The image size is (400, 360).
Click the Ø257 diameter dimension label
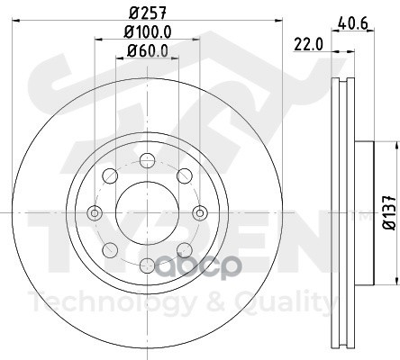(148, 13)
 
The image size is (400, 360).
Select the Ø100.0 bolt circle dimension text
(148, 31)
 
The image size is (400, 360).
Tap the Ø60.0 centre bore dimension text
(147, 50)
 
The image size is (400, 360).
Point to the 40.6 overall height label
(353, 23)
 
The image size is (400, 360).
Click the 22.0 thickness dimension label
(308, 45)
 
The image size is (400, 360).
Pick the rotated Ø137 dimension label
(390, 212)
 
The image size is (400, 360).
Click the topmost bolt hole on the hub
(147, 159)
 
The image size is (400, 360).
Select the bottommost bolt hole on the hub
(147, 265)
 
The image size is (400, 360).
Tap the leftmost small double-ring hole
(95, 213)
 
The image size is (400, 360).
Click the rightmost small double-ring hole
(200, 213)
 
